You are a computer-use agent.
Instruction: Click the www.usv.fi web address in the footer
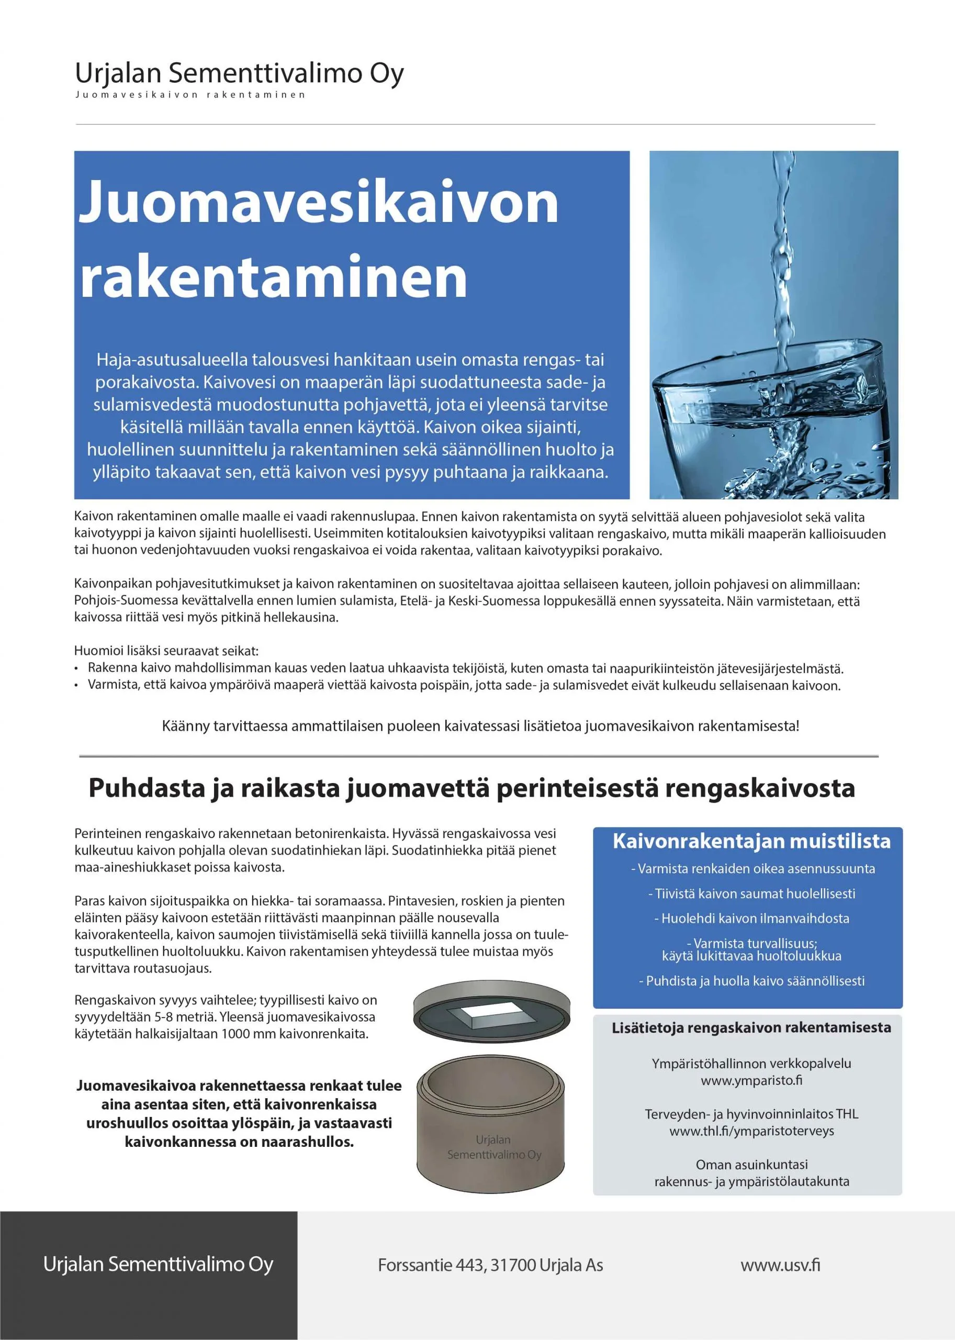point(780,1265)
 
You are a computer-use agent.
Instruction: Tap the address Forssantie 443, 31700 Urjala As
point(490,1265)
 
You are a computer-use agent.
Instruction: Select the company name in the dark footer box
point(158,1264)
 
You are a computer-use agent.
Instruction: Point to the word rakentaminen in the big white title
point(274,277)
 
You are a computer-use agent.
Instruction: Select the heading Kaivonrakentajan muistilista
point(751,841)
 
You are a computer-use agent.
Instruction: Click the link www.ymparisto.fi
point(751,1080)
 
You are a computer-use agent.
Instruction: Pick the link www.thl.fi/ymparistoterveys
point(751,1131)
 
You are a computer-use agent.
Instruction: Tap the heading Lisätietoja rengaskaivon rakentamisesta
point(751,1028)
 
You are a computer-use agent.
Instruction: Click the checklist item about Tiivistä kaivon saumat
point(751,894)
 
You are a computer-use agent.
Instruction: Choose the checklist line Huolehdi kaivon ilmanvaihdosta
point(751,918)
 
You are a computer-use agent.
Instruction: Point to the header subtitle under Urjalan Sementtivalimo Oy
point(190,95)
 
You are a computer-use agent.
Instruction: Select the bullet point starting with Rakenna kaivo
point(465,668)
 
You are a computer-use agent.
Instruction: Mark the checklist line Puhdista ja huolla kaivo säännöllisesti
point(751,980)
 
